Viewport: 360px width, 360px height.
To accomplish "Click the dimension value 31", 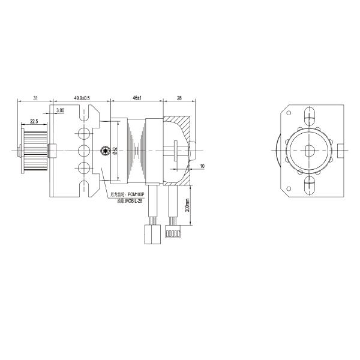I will (x=35, y=97).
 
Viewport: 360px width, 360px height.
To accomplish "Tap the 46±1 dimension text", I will (x=136, y=97).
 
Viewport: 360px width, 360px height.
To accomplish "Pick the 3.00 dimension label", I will (x=61, y=111).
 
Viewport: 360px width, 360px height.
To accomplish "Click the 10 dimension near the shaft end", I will (x=202, y=166).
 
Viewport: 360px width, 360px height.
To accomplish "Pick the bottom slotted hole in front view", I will (x=310, y=185).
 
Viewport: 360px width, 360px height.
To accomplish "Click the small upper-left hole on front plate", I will (x=290, y=112).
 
